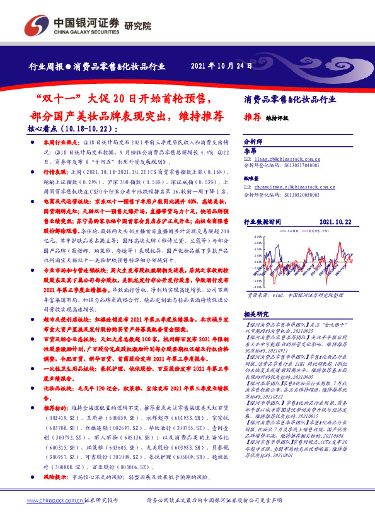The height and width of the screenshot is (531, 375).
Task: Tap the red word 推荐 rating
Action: [252, 117]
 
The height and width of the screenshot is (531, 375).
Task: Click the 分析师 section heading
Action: [252, 143]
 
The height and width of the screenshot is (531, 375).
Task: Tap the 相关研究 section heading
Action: [257, 313]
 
